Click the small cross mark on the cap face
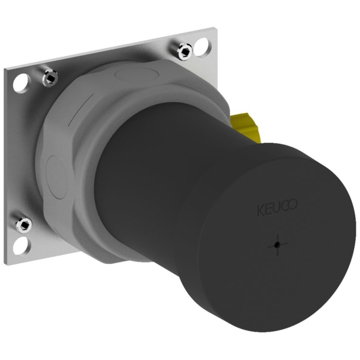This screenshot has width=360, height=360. click(276, 245)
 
